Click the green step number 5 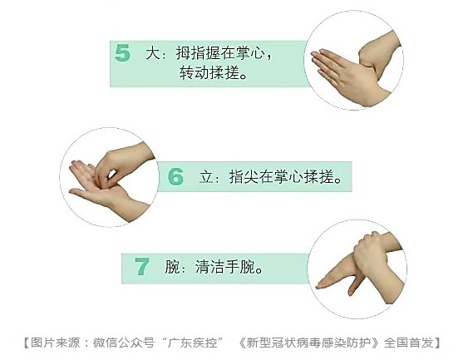[x=122, y=53]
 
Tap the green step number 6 [x=175, y=176]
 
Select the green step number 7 [x=142, y=266]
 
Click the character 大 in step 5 [x=153, y=53]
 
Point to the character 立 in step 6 [x=206, y=177]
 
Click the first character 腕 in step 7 [x=172, y=267]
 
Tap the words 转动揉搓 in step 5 [x=210, y=72]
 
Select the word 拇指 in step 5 [x=191, y=53]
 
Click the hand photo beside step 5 [x=354, y=61]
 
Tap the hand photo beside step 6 [x=109, y=177]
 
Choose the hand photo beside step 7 [x=357, y=269]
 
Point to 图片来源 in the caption [x=56, y=343]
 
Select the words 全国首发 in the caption [x=409, y=343]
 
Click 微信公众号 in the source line [x=124, y=343]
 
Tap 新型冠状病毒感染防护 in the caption [x=308, y=343]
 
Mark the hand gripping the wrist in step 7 [x=371, y=251]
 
